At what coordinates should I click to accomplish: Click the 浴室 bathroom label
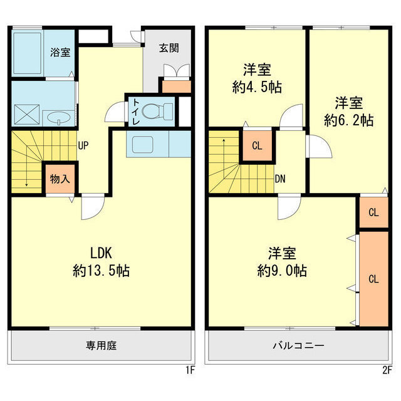61,53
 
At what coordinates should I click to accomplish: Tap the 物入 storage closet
60,179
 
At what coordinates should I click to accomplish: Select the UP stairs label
83,146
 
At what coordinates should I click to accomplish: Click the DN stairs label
281,179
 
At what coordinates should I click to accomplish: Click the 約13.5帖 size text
101,271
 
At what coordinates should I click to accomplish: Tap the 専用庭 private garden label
102,345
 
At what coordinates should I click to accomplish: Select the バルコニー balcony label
298,345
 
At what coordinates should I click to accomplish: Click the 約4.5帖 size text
256,87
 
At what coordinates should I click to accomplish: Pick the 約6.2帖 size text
349,120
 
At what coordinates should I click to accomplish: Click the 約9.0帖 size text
282,271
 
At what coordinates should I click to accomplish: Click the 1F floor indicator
189,370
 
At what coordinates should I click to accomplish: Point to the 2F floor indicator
387,370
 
